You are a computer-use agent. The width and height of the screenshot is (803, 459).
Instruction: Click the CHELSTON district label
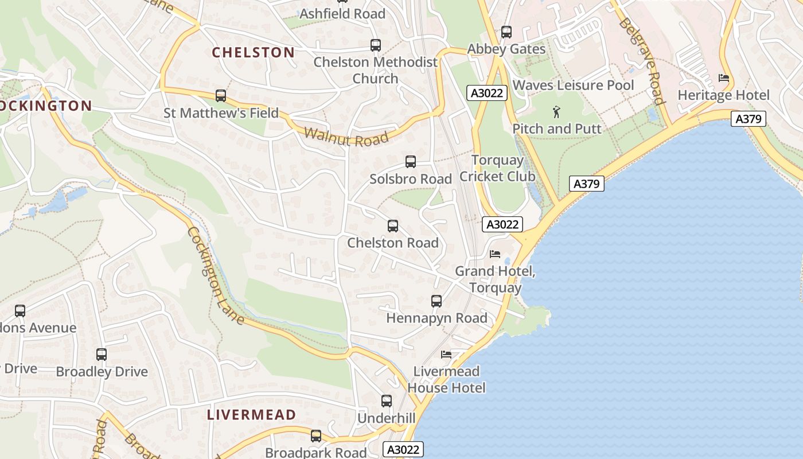pyautogui.click(x=253, y=53)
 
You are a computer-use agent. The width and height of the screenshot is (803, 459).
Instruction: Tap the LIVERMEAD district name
pyautogui.click(x=251, y=415)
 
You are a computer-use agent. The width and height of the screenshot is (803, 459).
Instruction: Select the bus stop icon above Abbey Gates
pyautogui.click(x=506, y=32)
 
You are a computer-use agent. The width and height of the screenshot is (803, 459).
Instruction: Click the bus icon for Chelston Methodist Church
pyautogui.click(x=376, y=45)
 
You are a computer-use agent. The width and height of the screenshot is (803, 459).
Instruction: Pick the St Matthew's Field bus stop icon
pyautogui.click(x=221, y=96)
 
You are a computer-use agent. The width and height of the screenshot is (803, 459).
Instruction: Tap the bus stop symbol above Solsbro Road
pyautogui.click(x=411, y=162)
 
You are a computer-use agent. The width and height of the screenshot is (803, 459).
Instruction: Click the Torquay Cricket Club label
pyautogui.click(x=497, y=168)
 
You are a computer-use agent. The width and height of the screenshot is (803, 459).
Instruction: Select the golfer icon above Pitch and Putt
pyautogui.click(x=556, y=112)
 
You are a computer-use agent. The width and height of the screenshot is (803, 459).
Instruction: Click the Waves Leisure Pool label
pyautogui.click(x=573, y=85)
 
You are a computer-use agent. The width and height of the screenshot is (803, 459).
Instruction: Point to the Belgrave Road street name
pyautogui.click(x=641, y=61)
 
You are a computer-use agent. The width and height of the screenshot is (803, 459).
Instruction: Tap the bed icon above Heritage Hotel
pyautogui.click(x=724, y=78)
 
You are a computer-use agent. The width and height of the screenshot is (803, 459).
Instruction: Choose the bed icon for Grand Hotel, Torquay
pyautogui.click(x=495, y=254)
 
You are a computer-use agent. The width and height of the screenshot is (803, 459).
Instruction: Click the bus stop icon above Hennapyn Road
pyautogui.click(x=436, y=301)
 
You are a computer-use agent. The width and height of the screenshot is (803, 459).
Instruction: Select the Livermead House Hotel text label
pyautogui.click(x=446, y=380)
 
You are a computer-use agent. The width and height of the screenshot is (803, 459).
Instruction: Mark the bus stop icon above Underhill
pyautogui.click(x=387, y=401)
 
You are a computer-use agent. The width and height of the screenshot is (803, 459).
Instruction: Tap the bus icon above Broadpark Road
pyautogui.click(x=316, y=436)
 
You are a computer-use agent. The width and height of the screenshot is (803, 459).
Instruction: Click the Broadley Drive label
pyautogui.click(x=102, y=372)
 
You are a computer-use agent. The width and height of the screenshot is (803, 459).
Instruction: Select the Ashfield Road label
pyautogui.click(x=342, y=14)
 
